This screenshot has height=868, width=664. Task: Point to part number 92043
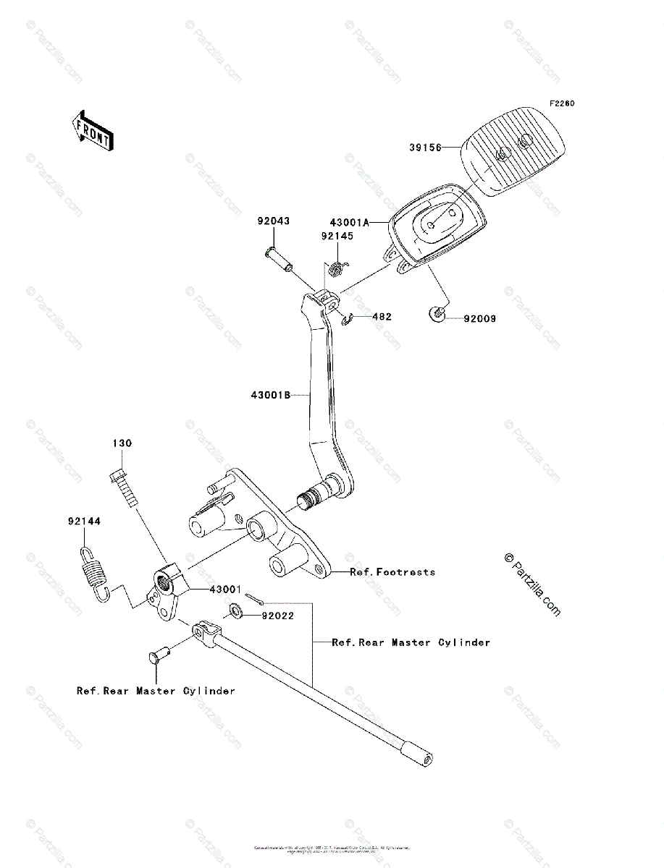(272, 221)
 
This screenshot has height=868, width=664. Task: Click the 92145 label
(337, 236)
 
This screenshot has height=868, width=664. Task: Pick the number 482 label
(382, 316)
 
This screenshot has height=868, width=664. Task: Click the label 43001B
(271, 395)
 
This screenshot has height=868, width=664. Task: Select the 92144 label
(84, 521)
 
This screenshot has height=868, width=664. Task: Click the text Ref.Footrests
(392, 572)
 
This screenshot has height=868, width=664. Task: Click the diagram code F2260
(561, 104)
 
